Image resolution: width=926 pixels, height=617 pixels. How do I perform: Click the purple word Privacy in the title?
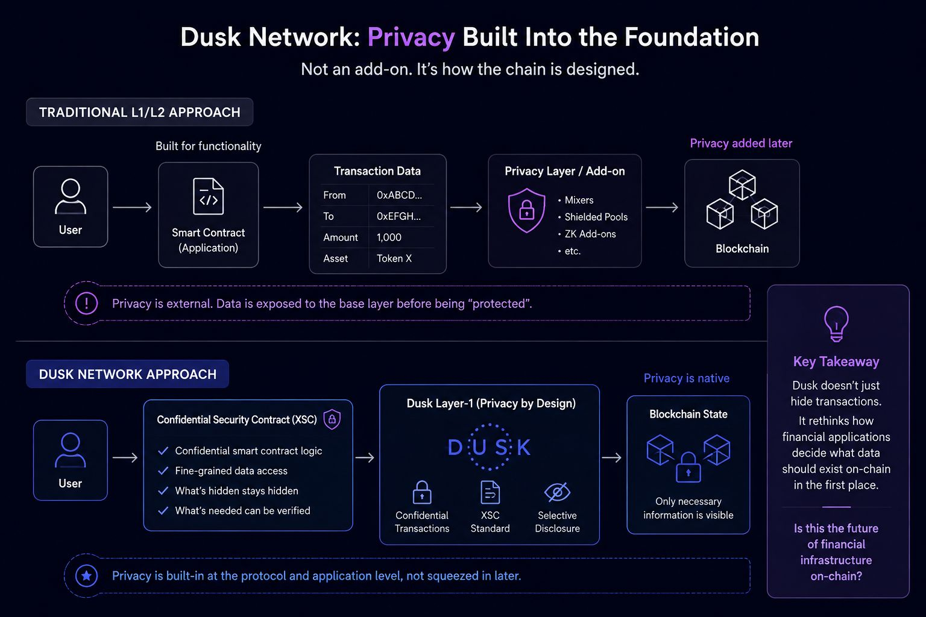411,37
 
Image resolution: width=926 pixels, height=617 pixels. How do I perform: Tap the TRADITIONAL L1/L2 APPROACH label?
140,112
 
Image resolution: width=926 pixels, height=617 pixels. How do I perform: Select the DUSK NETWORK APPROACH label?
128,374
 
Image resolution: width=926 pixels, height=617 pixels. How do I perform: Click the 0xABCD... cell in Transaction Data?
399,195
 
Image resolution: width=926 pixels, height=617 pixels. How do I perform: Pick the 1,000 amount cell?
389,237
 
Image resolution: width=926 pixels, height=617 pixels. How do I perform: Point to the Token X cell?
394,258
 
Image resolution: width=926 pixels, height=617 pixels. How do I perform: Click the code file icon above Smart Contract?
209,196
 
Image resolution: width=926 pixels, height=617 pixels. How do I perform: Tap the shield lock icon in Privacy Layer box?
526,210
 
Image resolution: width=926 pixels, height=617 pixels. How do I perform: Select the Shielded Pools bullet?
593,217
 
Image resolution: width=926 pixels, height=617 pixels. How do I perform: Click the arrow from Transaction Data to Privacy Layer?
466,207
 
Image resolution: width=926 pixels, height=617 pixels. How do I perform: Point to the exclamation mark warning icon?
86,303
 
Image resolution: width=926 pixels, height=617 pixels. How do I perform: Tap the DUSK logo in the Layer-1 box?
490,447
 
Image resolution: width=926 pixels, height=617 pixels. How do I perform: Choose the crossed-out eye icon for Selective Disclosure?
557,492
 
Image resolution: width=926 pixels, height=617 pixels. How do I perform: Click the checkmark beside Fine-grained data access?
163,471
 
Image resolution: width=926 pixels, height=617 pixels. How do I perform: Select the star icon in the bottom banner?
86,575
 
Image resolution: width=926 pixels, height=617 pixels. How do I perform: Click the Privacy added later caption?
741,143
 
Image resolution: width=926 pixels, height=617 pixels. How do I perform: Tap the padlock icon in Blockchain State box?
688,468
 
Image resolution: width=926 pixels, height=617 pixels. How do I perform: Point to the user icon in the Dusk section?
71,450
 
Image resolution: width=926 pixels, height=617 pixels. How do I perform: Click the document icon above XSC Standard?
490,492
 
